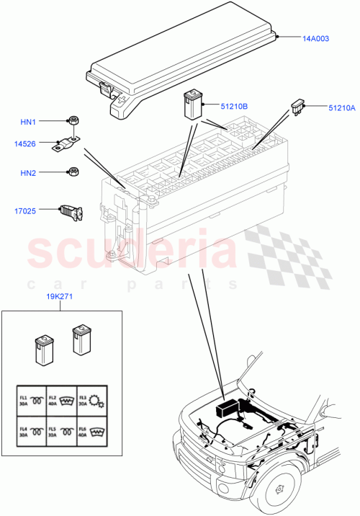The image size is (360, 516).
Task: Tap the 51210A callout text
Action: [x=341, y=108]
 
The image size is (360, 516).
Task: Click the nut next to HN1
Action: [x=73, y=120]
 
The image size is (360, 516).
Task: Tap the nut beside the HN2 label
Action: [x=73, y=172]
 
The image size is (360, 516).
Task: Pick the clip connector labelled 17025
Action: [x=71, y=211]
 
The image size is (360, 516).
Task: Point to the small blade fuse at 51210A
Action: [x=298, y=107]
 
